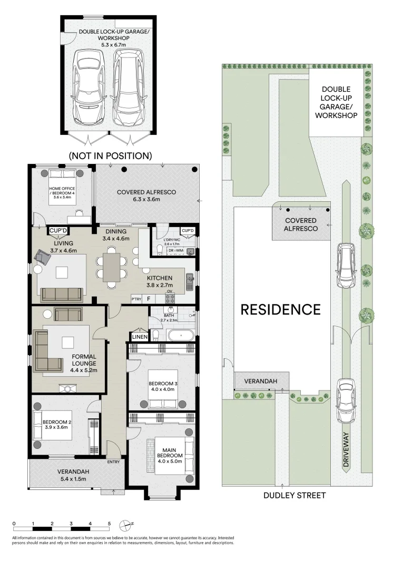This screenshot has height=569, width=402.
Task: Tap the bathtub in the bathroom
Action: pyautogui.click(x=181, y=335)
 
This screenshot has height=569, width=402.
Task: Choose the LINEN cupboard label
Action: pyautogui.click(x=140, y=337)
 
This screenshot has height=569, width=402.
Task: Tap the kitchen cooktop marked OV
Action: pyautogui.click(x=170, y=298)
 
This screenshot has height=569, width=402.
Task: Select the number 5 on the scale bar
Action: pyautogui.click(x=109, y=524)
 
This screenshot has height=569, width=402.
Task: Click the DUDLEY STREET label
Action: pyautogui.click(x=295, y=495)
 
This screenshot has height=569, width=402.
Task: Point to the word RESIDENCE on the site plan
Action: pyautogui.click(x=281, y=310)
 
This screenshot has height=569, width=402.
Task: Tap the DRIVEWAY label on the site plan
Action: pyautogui.click(x=346, y=449)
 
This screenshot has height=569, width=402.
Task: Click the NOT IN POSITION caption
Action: pyautogui.click(x=110, y=155)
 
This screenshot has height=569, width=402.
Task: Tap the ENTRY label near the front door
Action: pyautogui.click(x=113, y=462)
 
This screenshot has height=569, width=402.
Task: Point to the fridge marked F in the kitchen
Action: pyautogui.click(x=149, y=299)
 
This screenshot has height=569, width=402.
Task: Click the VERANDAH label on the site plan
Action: pyautogui.click(x=260, y=381)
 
